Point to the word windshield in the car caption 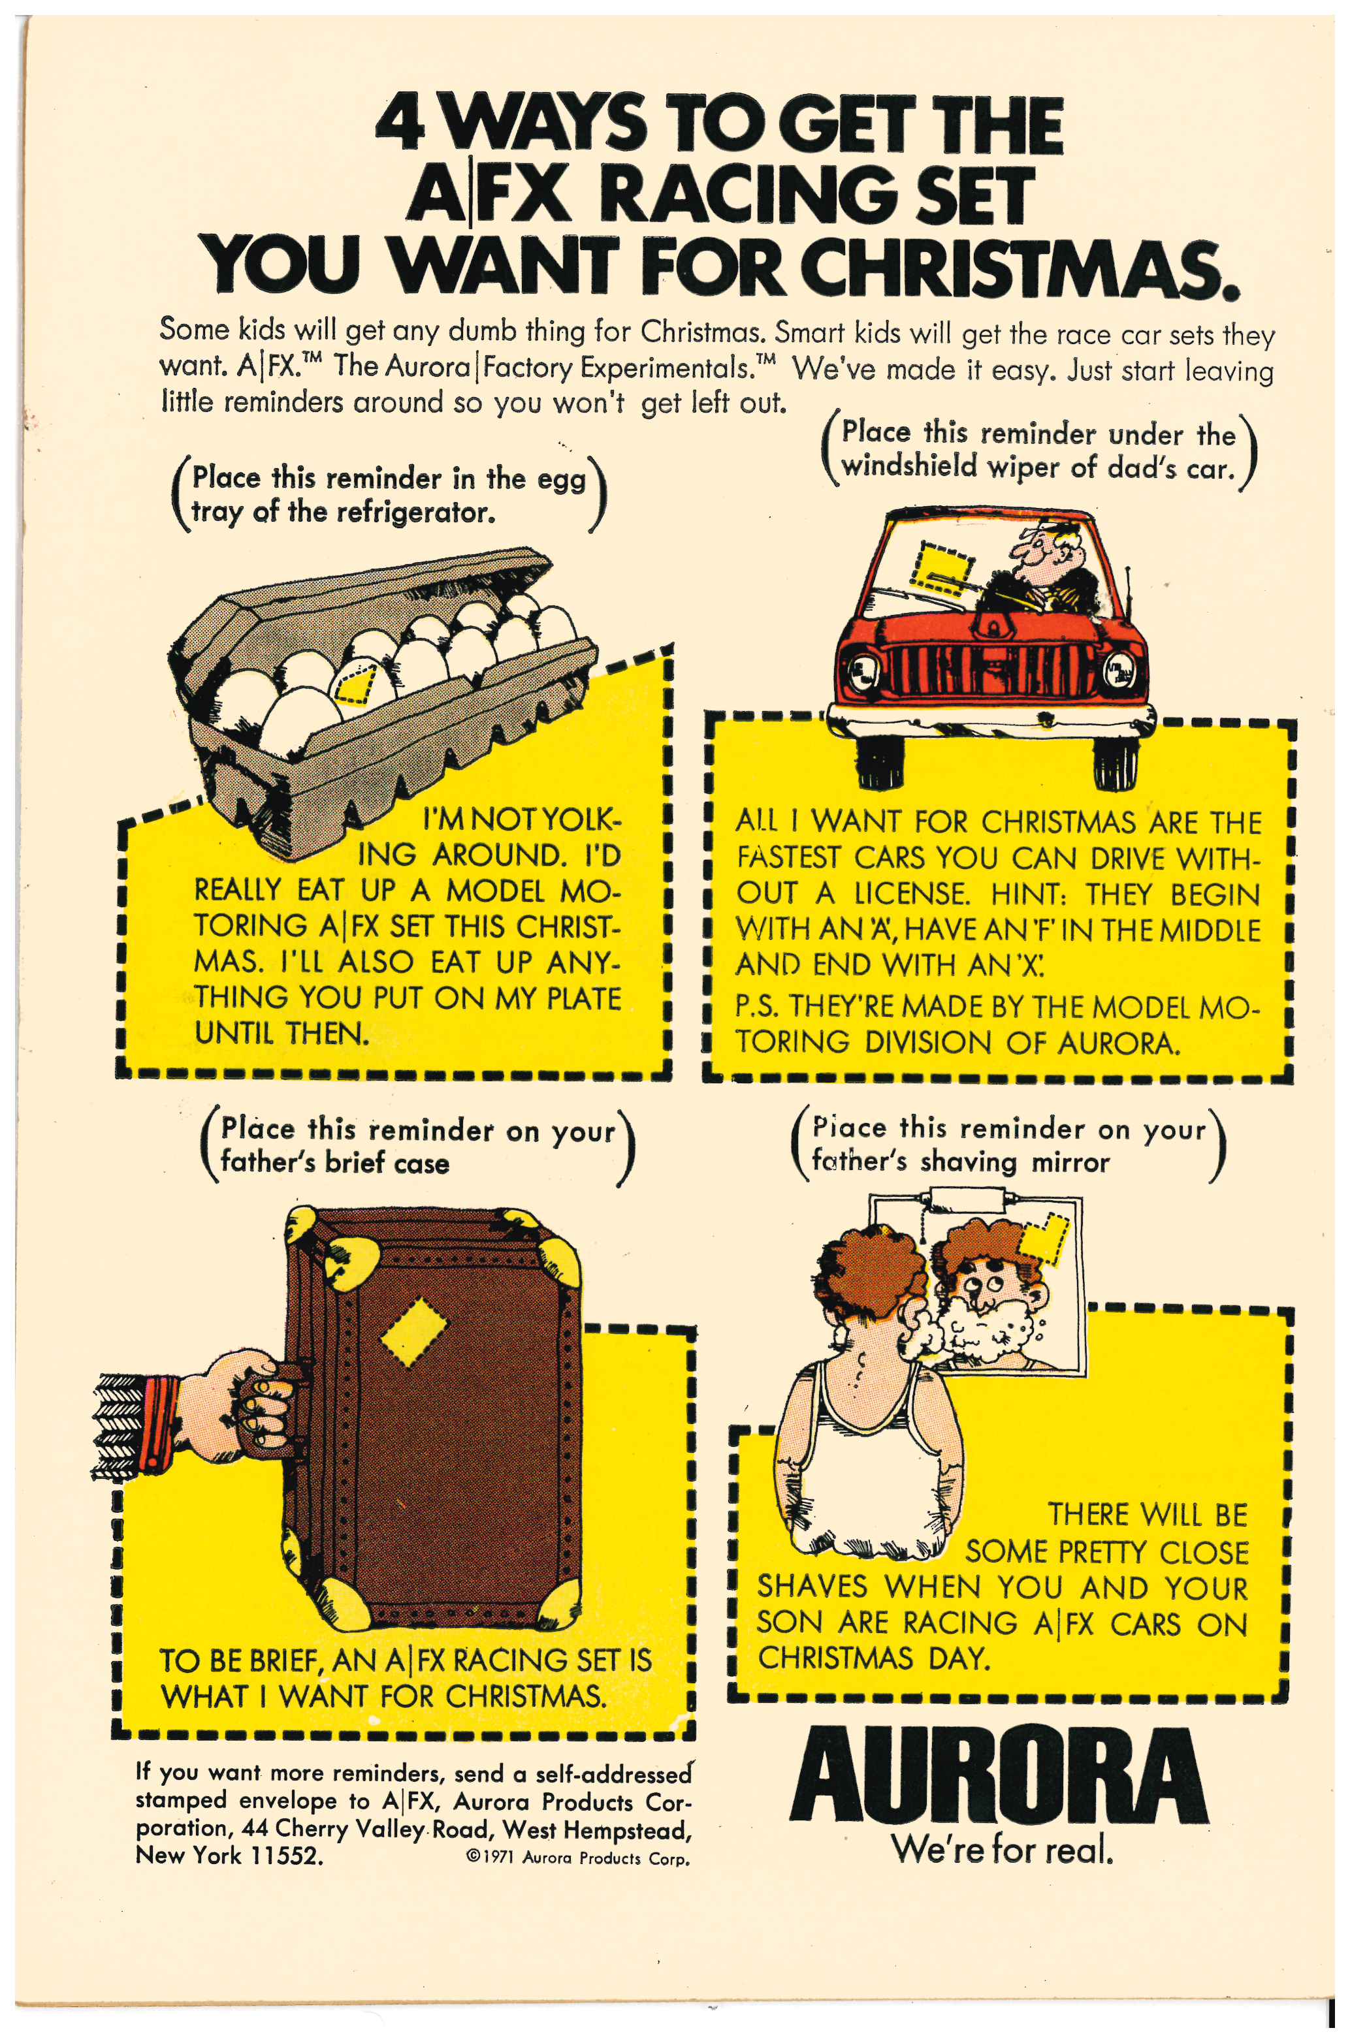(x=909, y=467)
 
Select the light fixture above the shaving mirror (x=969, y=1199)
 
